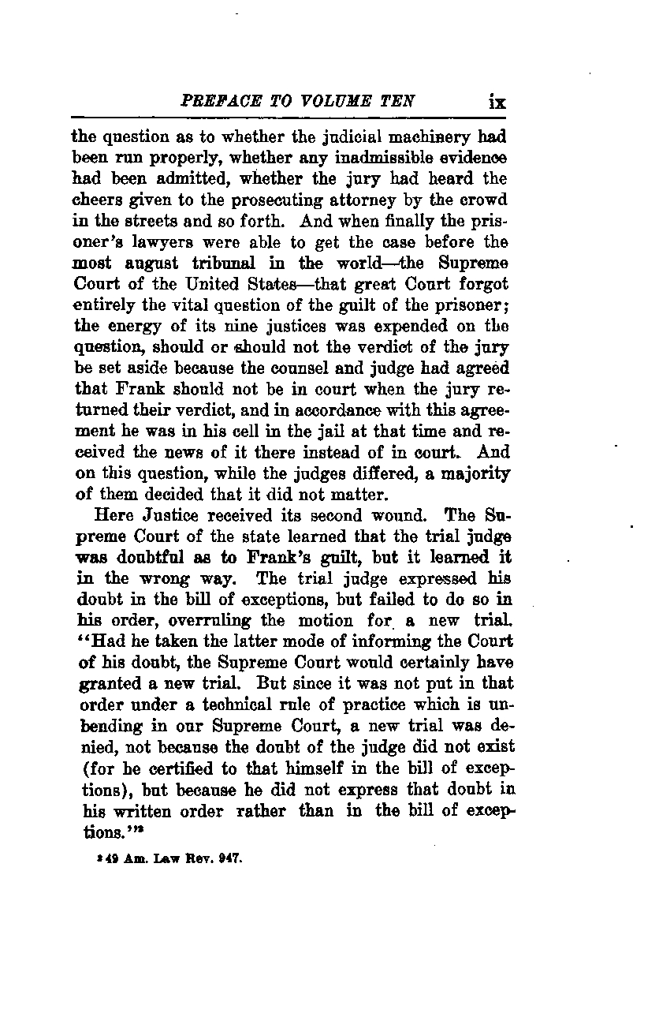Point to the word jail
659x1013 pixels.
[344, 431]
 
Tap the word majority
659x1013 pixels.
[472, 474]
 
